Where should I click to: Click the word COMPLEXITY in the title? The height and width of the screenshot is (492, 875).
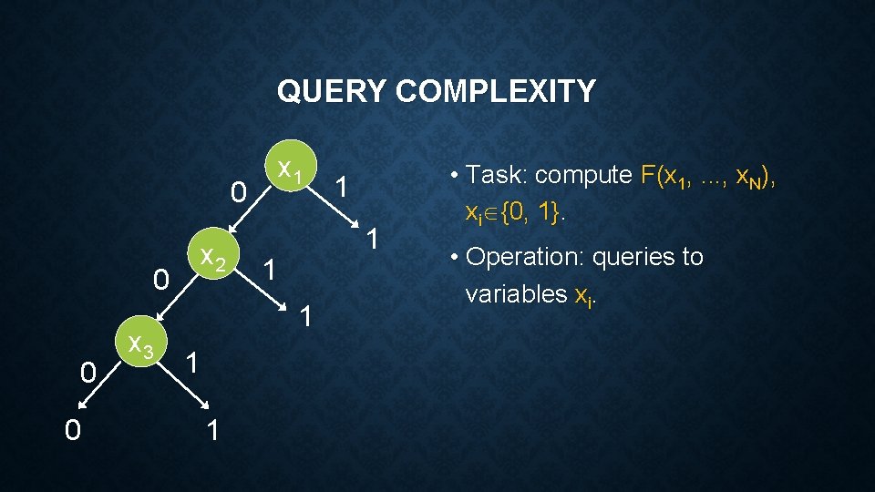[496, 91]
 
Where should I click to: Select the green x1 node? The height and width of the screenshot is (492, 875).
[291, 166]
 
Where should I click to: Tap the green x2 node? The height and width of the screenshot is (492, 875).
[213, 253]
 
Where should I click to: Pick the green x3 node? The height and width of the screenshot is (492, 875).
[141, 341]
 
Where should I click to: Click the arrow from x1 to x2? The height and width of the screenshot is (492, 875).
[250, 210]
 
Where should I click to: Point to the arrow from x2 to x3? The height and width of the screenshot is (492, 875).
[177, 297]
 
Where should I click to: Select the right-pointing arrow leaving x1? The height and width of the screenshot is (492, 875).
[334, 207]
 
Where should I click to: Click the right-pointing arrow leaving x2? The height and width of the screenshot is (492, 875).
[261, 290]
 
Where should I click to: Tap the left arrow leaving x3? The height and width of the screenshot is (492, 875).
[99, 384]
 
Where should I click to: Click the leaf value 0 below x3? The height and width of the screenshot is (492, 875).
[73, 430]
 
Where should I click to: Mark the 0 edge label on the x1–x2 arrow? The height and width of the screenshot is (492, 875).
[238, 192]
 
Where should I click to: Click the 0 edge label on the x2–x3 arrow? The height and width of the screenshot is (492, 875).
[160, 279]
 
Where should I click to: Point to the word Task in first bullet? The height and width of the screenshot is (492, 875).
[496, 175]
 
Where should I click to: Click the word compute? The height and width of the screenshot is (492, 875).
[583, 176]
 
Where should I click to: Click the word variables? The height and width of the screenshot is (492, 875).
[516, 293]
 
